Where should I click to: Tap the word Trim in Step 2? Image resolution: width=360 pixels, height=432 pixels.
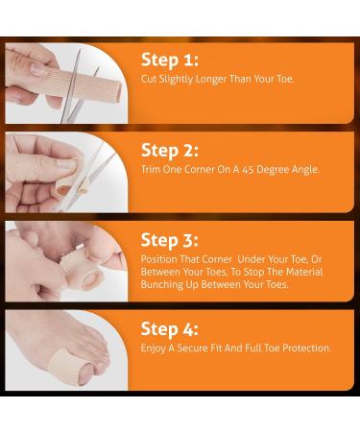click(x=151, y=169)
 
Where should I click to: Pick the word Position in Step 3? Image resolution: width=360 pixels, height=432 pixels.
click(x=160, y=258)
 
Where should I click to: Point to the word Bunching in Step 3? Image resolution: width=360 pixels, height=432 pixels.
click(x=163, y=285)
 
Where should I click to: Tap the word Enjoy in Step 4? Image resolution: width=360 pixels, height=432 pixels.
click(x=154, y=348)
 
